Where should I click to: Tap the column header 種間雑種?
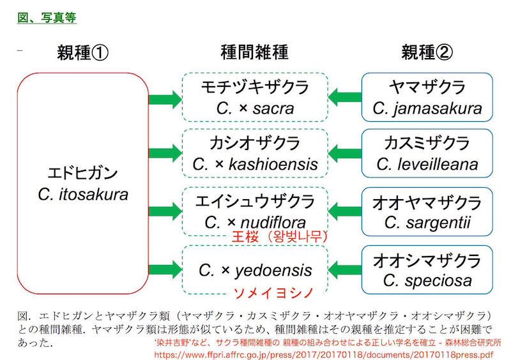pyautogui.click(x=254, y=53)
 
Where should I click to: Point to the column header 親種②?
pyautogui.click(x=427, y=53)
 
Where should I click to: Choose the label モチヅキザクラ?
pyautogui.click(x=255, y=87)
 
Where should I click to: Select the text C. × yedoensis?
pyautogui.click(x=255, y=271)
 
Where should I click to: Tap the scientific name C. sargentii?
pyautogui.click(x=427, y=223)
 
